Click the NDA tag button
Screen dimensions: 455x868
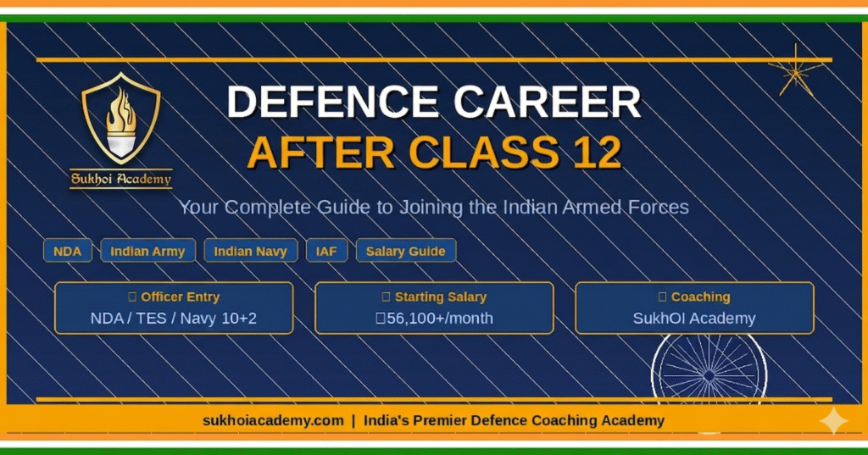(x=68, y=252)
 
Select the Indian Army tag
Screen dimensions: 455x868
(x=148, y=252)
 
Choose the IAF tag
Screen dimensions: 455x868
(x=326, y=252)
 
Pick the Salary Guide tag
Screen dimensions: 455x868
(x=406, y=252)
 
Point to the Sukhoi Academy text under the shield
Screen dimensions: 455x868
(x=120, y=179)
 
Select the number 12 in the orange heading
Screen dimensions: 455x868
(x=593, y=153)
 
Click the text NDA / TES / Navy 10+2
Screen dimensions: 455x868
(x=174, y=319)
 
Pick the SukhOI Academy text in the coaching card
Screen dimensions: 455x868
(x=694, y=319)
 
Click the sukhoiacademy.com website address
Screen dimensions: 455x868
(x=273, y=420)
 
